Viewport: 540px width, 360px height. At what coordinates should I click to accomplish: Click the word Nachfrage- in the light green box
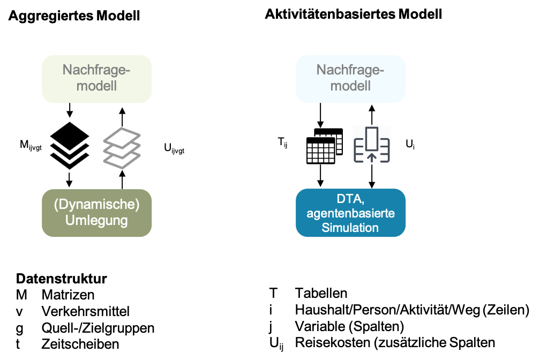pyautogui.click(x=97, y=70)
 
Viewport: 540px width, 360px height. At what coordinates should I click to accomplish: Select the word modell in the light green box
pyautogui.click(x=97, y=86)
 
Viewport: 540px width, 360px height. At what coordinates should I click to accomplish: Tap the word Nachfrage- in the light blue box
pyautogui.click(x=351, y=70)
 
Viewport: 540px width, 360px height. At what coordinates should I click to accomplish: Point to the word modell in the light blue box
pyautogui.click(x=351, y=86)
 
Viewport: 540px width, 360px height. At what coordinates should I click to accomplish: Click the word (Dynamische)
pyautogui.click(x=97, y=205)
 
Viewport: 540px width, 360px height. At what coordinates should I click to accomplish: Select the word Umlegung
pyautogui.click(x=97, y=220)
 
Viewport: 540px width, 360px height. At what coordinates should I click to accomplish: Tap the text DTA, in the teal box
pyautogui.click(x=351, y=199)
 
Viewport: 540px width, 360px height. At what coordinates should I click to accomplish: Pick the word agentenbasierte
pyautogui.click(x=351, y=213)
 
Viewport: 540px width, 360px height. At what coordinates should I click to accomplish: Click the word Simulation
pyautogui.click(x=351, y=228)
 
